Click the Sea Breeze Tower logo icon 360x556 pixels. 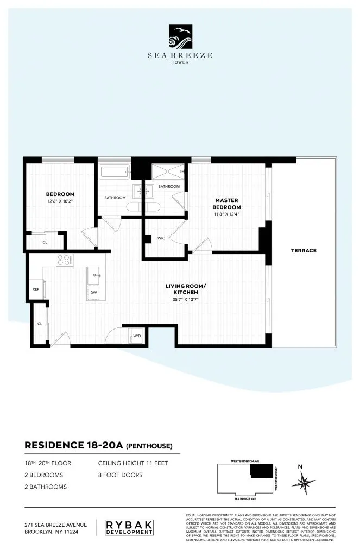[x=179, y=37]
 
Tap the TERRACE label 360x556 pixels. [x=304, y=250]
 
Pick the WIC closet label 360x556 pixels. [x=161, y=238]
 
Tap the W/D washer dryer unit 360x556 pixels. [x=136, y=336]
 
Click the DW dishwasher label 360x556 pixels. [x=93, y=293]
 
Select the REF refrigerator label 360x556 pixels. [x=36, y=289]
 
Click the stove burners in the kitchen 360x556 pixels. [x=65, y=260]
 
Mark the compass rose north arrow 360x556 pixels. [x=302, y=480]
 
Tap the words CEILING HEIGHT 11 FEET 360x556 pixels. [x=133, y=463]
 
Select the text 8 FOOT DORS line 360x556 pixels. [x=120, y=475]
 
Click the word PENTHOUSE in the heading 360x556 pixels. [x=149, y=447]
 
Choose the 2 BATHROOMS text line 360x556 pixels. [x=46, y=486]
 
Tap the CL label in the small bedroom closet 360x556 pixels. [x=45, y=242]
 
